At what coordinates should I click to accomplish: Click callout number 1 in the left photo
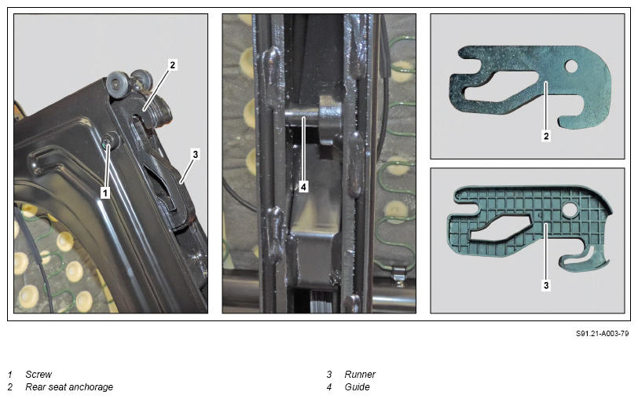105,192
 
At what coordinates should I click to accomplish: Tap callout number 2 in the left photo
172,64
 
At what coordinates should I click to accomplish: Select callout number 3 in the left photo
196,155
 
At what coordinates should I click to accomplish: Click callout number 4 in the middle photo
303,187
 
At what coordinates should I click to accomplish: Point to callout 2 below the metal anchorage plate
546,136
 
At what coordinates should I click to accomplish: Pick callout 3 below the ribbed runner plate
546,286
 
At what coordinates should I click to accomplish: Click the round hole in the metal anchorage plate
571,66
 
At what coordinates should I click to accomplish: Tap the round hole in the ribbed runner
570,210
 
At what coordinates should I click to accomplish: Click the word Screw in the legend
38,374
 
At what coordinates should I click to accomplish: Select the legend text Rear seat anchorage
69,386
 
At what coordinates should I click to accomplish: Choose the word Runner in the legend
360,374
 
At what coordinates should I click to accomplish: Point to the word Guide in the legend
357,386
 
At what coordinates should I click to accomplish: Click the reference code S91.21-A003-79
602,334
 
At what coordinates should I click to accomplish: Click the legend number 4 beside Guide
328,386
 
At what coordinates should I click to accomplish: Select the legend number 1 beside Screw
9,374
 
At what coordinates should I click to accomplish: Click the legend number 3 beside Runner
328,374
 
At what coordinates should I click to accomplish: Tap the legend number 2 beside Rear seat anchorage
9,386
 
